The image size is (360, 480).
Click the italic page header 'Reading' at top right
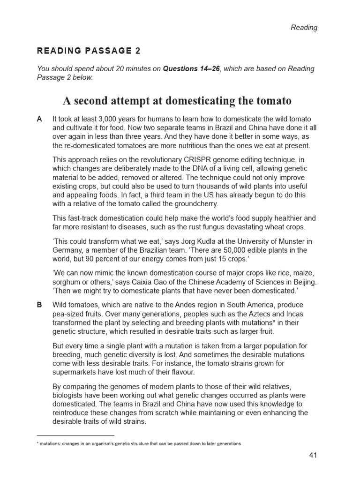304,27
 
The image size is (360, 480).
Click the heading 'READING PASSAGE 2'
89,51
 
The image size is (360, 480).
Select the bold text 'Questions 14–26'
191,69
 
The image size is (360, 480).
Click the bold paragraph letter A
39,120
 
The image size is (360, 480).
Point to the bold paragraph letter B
39,305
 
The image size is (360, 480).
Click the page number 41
313,455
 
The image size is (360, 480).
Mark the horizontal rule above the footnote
76,435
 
